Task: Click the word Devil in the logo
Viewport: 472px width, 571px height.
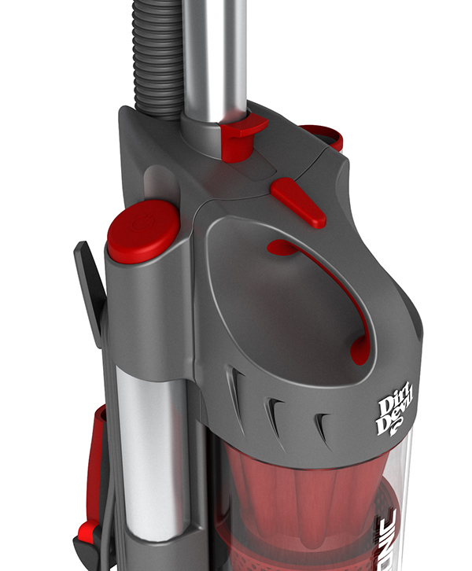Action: [x=398, y=425]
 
